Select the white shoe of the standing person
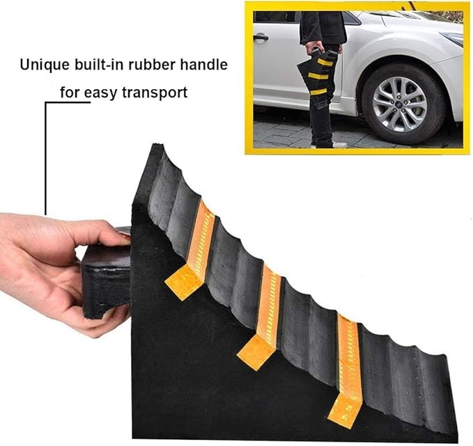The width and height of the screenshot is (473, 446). [339, 144]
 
